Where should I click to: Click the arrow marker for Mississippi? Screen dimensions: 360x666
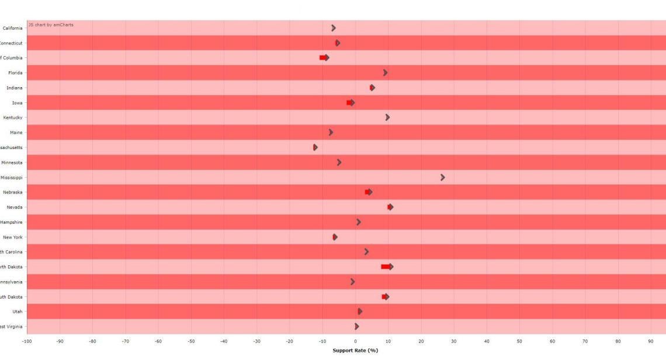tap(442, 177)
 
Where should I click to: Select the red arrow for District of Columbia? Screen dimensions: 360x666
tap(324, 57)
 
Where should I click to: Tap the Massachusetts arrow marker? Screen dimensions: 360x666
tap(315, 147)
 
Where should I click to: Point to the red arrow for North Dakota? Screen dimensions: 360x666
tap(387, 266)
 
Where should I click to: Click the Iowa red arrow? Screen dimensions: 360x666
tap(351, 102)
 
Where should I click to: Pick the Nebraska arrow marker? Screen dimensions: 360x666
tap(369, 192)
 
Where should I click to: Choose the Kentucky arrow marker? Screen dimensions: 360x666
tap(387, 117)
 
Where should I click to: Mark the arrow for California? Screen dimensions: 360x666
tap(334, 28)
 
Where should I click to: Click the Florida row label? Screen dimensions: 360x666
tap(15, 73)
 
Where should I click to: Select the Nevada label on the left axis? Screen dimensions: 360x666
tap(15, 207)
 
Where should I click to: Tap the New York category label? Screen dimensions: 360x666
tap(13, 237)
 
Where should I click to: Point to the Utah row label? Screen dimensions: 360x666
tap(18, 311)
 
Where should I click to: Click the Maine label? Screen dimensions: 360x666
tap(16, 133)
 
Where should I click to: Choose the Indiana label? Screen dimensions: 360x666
tap(15, 88)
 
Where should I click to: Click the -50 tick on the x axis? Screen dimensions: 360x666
tap(190, 341)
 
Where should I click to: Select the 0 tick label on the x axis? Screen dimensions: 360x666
tap(355, 341)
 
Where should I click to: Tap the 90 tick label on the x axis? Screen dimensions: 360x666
tap(651, 341)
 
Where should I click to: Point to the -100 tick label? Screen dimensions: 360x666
tap(27, 341)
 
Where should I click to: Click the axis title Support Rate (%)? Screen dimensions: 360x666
tap(355, 351)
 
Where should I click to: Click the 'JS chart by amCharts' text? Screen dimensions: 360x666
tap(51, 25)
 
